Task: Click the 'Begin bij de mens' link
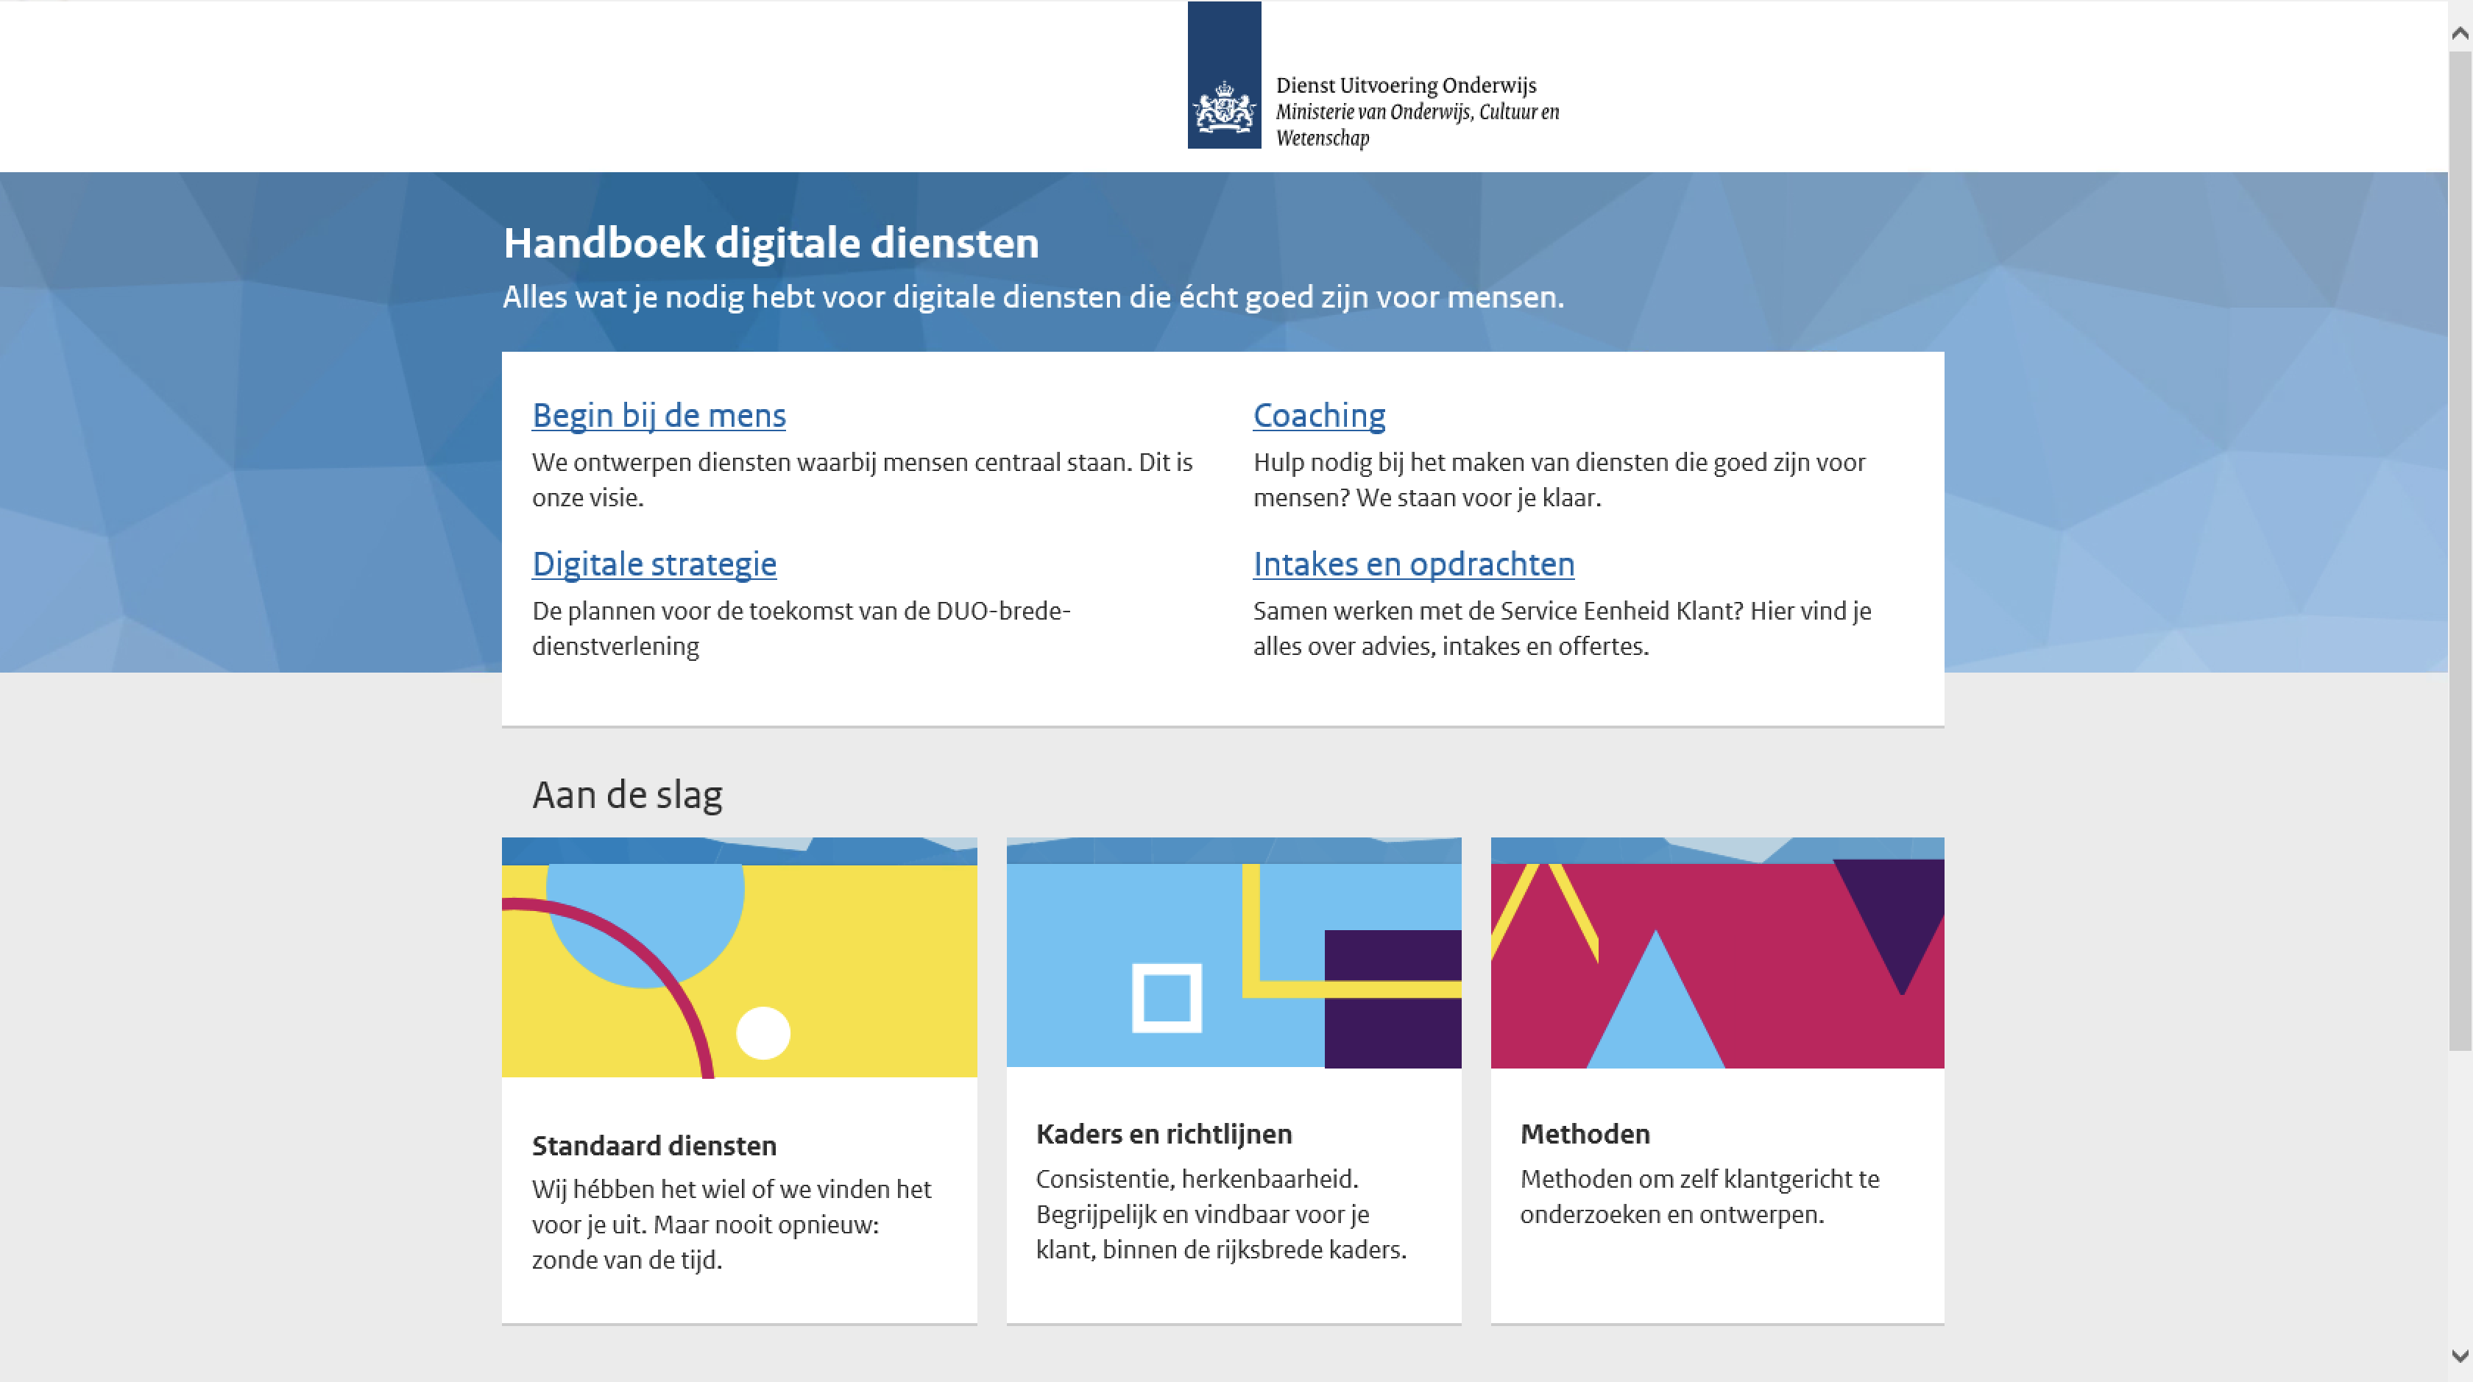659,416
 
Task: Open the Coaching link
1319,416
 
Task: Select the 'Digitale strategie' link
654,564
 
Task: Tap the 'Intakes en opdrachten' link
1413,564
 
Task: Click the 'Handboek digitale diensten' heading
771,243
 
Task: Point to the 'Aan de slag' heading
627,795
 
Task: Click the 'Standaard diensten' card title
654,1146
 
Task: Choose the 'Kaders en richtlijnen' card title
1164,1135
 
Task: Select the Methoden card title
1584,1135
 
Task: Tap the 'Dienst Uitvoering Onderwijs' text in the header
1406,85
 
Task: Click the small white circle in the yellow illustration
763,1032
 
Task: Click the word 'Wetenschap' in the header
1322,138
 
